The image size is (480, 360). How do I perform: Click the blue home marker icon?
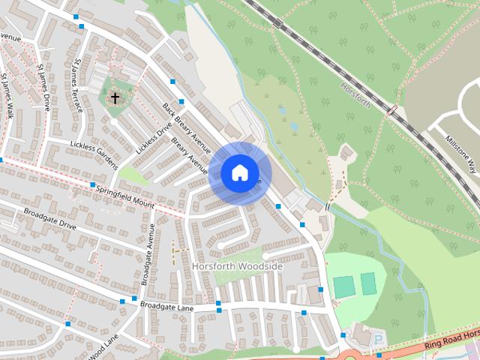tap(239, 173)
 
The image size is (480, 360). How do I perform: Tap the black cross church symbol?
tap(115, 97)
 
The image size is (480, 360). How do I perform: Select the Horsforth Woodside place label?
tap(237, 266)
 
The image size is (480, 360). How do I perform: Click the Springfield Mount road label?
tap(124, 194)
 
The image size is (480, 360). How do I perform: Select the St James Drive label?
tap(43, 87)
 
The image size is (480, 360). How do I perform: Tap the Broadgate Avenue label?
tap(147, 255)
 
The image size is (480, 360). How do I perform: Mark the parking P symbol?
tap(377, 340)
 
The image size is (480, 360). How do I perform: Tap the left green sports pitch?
tap(343, 286)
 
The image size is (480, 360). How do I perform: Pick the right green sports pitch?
tap(367, 283)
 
